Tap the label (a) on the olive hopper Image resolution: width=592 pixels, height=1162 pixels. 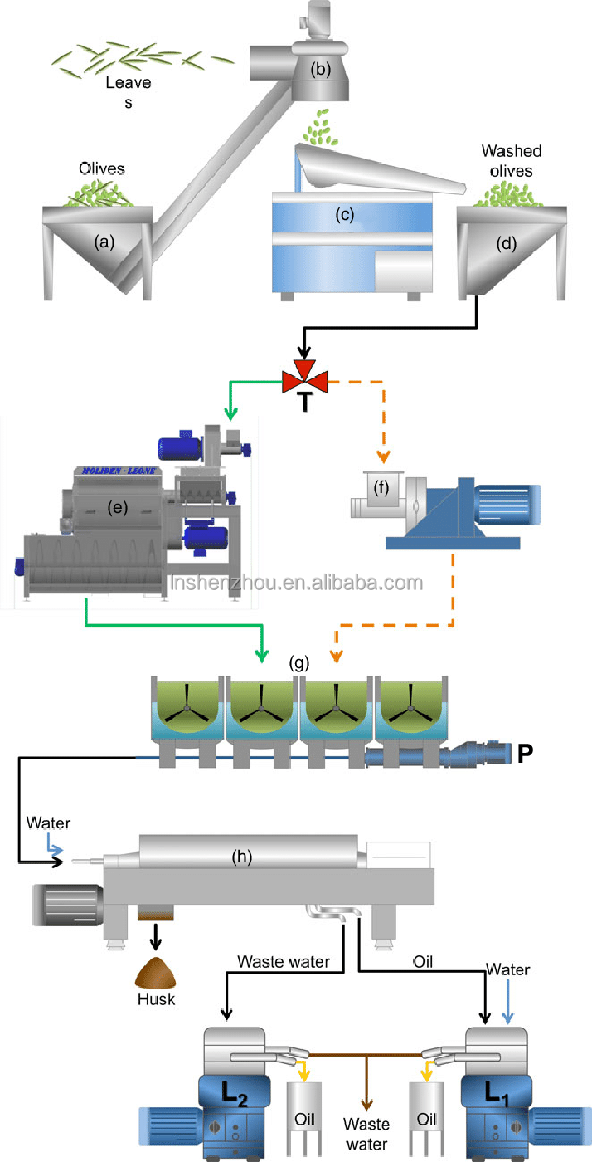pos(104,242)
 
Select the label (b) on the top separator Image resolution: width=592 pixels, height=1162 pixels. pos(319,69)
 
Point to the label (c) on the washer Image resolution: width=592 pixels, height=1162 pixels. pos(344,214)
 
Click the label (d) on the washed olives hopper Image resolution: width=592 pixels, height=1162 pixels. pos(505,244)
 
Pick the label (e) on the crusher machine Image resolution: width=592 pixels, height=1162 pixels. pos(114,508)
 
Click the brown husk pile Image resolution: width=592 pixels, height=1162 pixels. pos(156,970)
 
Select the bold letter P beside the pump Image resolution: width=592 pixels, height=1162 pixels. pos(524,754)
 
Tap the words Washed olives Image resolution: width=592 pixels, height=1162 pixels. pos(512,159)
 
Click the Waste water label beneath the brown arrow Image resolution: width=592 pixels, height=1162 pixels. pos(367,1135)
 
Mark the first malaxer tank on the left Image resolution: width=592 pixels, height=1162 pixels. pos(187,709)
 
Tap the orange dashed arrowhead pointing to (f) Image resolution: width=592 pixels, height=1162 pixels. pos(382,456)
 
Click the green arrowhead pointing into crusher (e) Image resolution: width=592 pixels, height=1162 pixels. pos(230,414)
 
